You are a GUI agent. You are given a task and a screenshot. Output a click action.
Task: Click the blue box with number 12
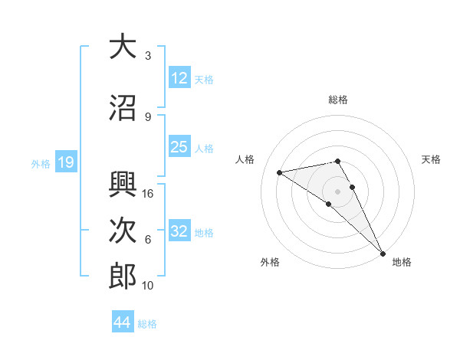coord(179,78)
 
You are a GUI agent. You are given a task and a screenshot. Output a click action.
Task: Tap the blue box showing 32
coord(179,231)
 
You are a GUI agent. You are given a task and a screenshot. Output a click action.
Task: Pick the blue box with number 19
coord(65,162)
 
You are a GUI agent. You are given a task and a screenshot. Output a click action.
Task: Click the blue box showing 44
coord(123,322)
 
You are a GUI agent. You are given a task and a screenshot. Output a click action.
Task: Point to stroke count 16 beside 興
coord(148,194)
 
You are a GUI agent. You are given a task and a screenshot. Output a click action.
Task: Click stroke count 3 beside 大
coord(147,56)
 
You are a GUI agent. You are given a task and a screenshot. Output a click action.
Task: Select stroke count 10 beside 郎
coord(148,286)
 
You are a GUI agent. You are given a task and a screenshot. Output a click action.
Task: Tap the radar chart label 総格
coord(338,100)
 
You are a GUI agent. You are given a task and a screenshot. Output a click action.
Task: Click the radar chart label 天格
coord(431,159)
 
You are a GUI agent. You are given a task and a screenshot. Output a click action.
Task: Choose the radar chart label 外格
coord(270,262)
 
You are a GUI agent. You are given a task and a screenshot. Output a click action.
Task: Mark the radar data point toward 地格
coord(383,252)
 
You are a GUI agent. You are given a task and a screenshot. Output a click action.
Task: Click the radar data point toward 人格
coord(280,172)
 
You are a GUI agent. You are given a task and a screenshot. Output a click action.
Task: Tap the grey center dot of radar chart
coord(337,191)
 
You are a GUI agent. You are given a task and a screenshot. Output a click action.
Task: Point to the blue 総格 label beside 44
coord(147,324)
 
